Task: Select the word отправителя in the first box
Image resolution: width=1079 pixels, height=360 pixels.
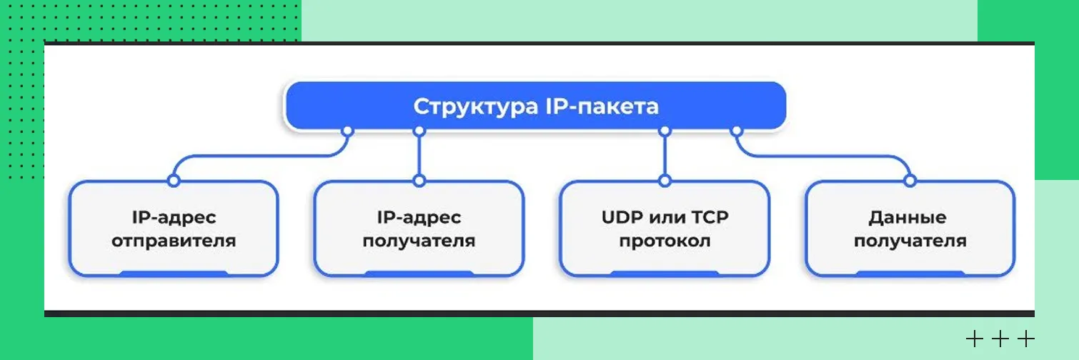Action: [x=174, y=240]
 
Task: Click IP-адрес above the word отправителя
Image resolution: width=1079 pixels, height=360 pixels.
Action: [x=174, y=216]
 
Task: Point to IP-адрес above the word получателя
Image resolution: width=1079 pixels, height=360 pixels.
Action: [x=419, y=216]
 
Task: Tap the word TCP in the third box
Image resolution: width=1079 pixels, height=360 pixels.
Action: [x=708, y=216]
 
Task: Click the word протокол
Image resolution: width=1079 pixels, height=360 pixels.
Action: [x=665, y=240]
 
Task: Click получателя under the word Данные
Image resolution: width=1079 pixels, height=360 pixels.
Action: [x=910, y=240]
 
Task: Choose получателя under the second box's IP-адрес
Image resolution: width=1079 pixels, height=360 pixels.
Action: [x=419, y=240]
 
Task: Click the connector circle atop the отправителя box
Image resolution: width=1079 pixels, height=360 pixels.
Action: [x=173, y=181]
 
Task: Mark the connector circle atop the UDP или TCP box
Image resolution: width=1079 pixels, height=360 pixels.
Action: [x=665, y=181]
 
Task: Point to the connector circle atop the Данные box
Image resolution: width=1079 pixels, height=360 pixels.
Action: [x=910, y=181]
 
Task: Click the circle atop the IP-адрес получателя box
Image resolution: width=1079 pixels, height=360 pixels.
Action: [x=419, y=181]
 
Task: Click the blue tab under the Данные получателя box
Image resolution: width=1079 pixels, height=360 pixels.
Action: [x=910, y=274]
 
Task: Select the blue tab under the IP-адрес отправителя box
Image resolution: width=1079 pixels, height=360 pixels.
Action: [x=173, y=274]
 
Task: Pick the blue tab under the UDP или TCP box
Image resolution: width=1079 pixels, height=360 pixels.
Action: [x=665, y=274]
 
